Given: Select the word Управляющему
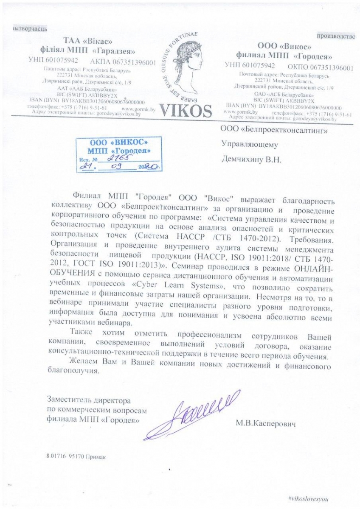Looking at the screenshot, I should tap(250, 145).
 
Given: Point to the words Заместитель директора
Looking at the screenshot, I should tap(88, 400).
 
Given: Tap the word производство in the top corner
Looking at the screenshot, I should tap(338, 36).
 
